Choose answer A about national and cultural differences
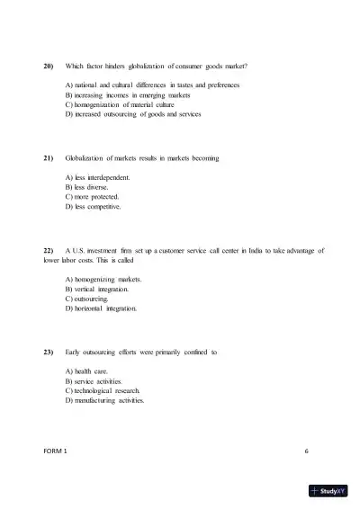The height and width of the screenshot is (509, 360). pyautogui.click(x=152, y=85)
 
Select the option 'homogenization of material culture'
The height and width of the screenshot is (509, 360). pyautogui.click(x=129, y=104)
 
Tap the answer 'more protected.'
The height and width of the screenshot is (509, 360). pyautogui.click(x=93, y=196)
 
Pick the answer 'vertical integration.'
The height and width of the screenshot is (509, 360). pyautogui.click(x=98, y=290)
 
